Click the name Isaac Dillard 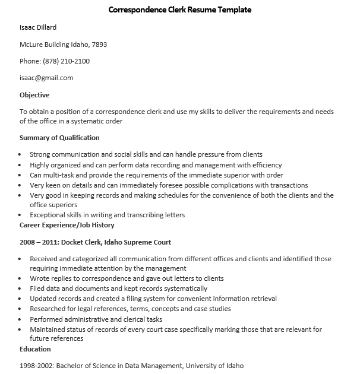click(38, 27)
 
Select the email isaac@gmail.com click(46, 78)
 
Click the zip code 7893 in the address click(99, 45)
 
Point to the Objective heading click(34, 95)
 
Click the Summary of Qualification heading click(59, 138)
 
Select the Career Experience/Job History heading click(67, 226)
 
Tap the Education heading click(35, 349)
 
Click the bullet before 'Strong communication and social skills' click(21, 155)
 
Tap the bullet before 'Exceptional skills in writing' click(21, 215)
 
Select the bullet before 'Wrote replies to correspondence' click(21, 279)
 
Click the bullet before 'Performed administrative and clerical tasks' click(21, 319)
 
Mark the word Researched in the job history click(48, 309)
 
